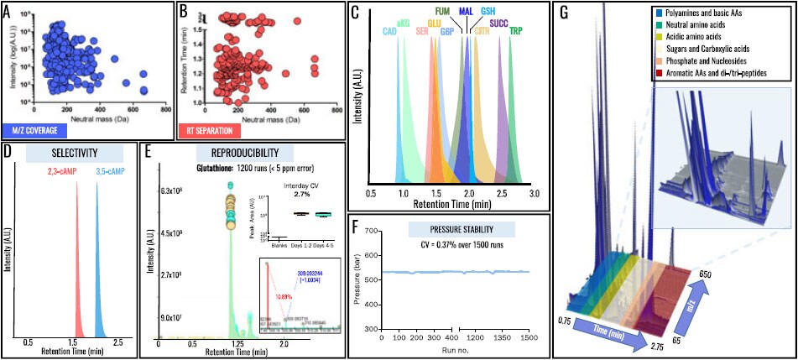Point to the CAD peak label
click(x=389, y=31)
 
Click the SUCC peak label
click(x=498, y=24)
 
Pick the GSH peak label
click(x=488, y=11)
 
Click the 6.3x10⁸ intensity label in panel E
click(x=174, y=190)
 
